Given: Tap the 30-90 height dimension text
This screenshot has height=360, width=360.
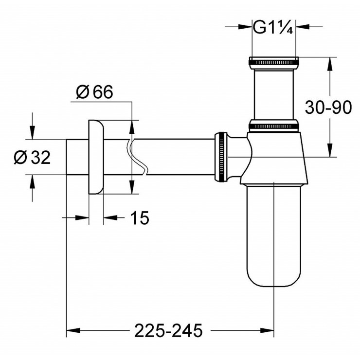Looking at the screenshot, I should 328,108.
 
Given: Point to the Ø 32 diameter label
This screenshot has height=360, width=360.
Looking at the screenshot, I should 32,157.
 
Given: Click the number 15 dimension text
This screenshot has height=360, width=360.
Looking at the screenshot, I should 139,218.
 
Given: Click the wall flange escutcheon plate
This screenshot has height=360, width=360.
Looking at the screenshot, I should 96,157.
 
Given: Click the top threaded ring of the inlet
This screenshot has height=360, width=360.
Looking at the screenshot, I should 273,62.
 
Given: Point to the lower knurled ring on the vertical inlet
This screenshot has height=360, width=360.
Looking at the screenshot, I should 273,126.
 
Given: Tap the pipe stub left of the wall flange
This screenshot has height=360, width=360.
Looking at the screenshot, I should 77,157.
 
